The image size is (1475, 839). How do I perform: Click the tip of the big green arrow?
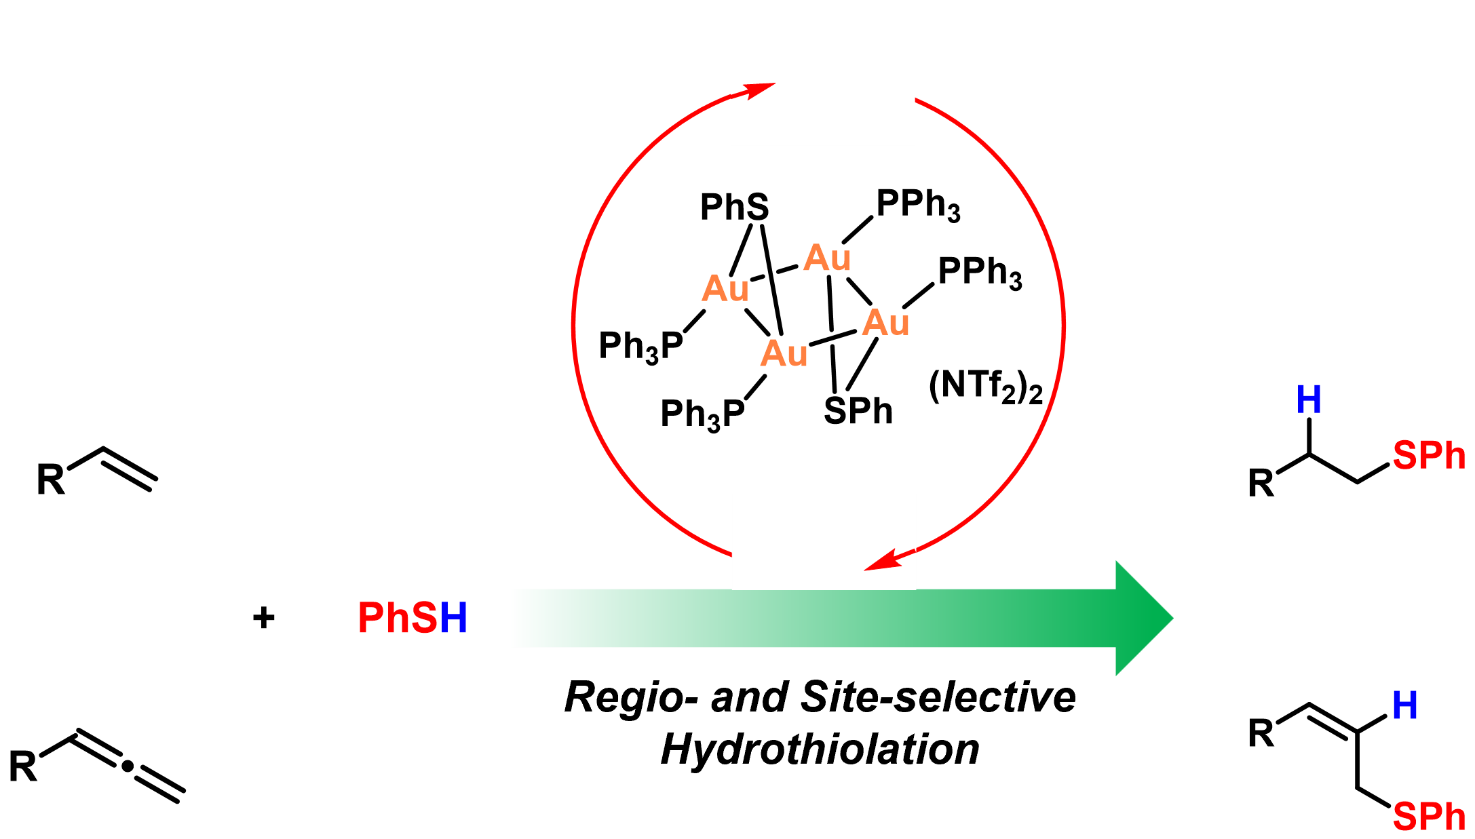click(x=1173, y=618)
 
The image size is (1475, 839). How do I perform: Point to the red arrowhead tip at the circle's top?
click(x=775, y=83)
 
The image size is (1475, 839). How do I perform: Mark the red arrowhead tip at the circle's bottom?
click(x=864, y=570)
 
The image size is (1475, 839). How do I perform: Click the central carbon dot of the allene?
click(x=127, y=767)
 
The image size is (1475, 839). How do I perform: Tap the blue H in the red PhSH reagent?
click(x=453, y=618)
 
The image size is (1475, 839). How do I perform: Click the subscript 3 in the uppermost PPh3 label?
click(x=953, y=213)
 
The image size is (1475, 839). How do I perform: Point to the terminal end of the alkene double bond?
click(x=153, y=484)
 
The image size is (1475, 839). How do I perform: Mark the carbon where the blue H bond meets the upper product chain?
click(x=1309, y=454)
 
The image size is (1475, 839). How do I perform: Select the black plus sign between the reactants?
click(x=263, y=618)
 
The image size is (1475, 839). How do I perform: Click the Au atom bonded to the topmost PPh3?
click(x=826, y=258)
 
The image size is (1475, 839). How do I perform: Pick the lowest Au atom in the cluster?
click(x=784, y=353)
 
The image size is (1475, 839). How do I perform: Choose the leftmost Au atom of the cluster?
click(x=725, y=289)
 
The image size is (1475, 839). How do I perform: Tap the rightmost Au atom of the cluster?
click(x=885, y=323)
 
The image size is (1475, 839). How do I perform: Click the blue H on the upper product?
click(x=1309, y=399)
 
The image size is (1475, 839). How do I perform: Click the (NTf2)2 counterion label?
click(x=985, y=387)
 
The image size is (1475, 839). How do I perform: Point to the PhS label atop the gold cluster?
click(x=734, y=207)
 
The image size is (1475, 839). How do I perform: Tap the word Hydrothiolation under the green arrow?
click(x=820, y=750)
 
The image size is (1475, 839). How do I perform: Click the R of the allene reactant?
click(x=22, y=766)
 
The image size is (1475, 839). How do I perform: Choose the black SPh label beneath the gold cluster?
click(x=858, y=411)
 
